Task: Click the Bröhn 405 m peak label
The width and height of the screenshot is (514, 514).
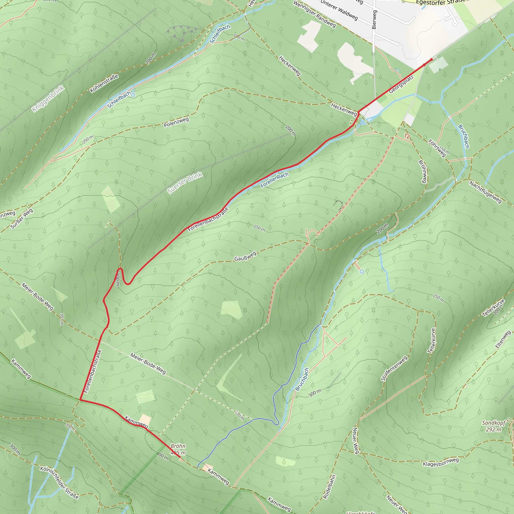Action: click(178, 449)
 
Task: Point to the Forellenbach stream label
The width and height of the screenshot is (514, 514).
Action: click(274, 180)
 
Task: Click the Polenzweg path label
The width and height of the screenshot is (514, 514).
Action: click(176, 122)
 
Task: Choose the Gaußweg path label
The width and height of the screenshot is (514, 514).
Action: click(245, 256)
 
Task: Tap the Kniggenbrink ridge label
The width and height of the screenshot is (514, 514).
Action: click(48, 99)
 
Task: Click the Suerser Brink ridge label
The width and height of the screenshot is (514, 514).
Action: click(185, 183)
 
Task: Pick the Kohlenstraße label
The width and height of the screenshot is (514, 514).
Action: click(104, 84)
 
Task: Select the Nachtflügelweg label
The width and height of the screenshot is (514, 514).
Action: click(485, 192)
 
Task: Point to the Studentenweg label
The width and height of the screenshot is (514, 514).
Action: click(394, 368)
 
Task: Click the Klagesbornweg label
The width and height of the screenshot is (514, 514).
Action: click(441, 462)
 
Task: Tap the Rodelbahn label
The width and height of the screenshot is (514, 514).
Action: click(329, 487)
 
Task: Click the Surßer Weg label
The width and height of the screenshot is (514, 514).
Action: click(22, 218)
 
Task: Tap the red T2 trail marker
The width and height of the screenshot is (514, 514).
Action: click(407, 136)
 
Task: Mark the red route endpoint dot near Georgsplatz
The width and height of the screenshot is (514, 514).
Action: click(431, 59)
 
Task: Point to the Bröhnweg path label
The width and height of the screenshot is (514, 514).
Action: click(422, 172)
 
